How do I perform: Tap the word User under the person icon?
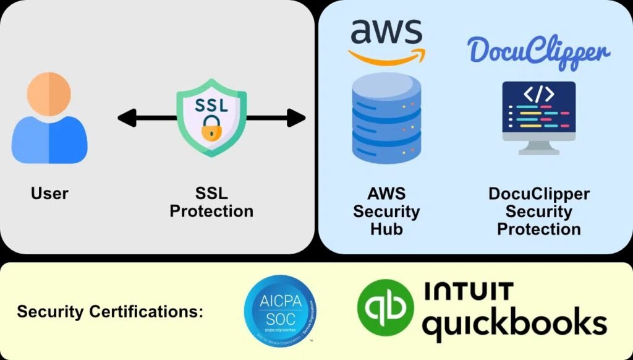[x=49, y=194]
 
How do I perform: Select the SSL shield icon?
[x=211, y=118]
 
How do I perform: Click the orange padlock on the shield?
[x=211, y=130]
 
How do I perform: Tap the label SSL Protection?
[x=211, y=202]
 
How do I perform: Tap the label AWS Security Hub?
[x=386, y=211]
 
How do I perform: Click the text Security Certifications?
[x=110, y=312]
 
